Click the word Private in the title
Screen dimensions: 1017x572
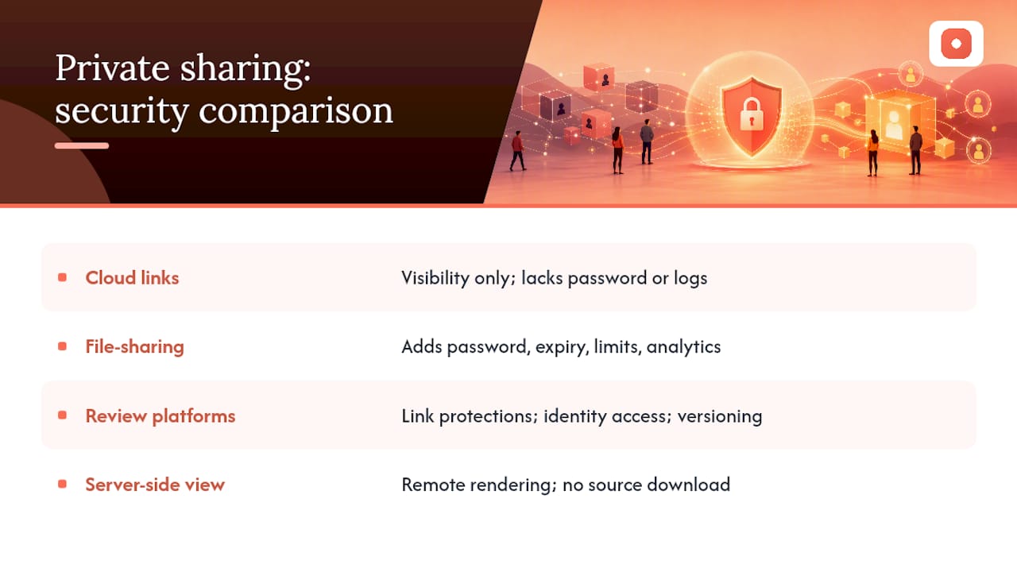point(113,68)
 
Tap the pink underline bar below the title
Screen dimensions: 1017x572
point(82,145)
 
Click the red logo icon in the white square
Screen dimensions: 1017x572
point(956,44)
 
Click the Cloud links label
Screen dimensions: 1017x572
point(132,278)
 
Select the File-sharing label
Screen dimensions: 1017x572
point(135,347)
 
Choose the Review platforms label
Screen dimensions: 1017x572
point(160,416)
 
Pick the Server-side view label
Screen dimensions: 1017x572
point(155,485)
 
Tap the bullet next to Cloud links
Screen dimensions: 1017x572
point(63,277)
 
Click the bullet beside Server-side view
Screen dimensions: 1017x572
point(63,485)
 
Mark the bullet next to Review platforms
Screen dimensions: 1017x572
point(63,415)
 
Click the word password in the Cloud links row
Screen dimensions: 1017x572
point(607,279)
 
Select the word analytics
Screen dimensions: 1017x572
point(683,348)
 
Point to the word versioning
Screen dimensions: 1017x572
point(720,417)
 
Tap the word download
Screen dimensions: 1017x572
point(689,485)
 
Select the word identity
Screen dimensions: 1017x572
point(574,417)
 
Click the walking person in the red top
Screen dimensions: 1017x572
point(517,151)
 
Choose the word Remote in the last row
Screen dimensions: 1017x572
point(433,485)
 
